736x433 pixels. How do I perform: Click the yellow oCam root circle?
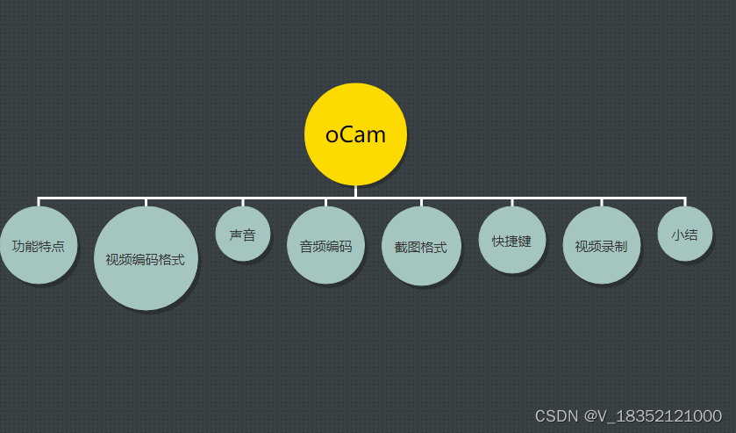355,134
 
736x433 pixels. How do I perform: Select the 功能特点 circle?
38,245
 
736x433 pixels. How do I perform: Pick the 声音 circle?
242,235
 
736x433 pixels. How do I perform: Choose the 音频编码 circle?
325,245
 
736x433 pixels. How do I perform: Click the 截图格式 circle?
421,246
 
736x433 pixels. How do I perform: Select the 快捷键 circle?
512,240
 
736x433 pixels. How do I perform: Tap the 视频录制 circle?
601,245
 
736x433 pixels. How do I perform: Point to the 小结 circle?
684,235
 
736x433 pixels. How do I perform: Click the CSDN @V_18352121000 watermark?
628,415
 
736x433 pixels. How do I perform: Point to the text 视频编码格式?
145,259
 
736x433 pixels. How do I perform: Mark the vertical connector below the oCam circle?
355,191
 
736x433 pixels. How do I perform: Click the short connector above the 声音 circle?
242,202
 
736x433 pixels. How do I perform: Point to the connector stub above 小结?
684,202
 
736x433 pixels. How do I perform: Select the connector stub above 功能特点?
39,202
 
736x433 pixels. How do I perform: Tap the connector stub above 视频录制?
602,202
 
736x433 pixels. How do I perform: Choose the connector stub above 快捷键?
512,202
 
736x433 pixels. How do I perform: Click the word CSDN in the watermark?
555,415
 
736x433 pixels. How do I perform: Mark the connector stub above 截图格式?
421,202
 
